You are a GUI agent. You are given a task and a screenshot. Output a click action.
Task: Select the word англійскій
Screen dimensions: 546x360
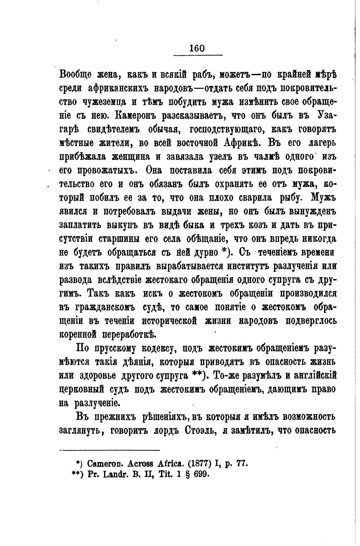pos(312,376)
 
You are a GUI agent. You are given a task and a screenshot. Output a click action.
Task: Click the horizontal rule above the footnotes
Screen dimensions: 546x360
pos(110,450)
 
